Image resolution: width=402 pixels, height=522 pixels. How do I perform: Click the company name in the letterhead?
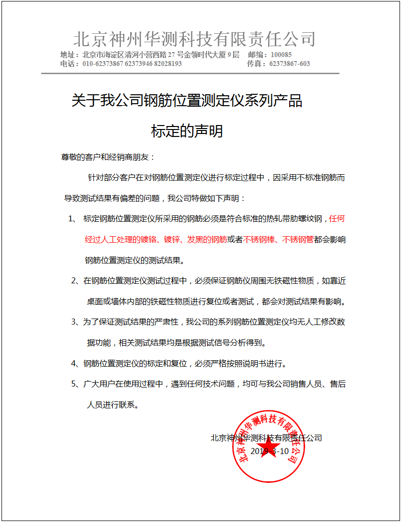pos(194,39)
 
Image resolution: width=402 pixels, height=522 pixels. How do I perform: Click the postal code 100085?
pos(281,55)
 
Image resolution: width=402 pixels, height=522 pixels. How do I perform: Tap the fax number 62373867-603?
pos(289,64)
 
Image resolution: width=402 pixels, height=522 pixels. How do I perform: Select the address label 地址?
pos(68,55)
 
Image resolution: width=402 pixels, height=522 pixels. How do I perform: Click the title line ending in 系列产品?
pos(187,101)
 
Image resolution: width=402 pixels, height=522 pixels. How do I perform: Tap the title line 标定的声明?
pos(187,131)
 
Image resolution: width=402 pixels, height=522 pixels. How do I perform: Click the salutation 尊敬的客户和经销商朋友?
pos(108,157)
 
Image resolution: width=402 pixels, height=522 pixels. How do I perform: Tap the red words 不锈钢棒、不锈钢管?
pos(278,240)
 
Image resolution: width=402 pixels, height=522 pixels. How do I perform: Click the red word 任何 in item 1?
pos(337,219)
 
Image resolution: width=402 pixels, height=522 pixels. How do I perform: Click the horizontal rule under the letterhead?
pos(190,73)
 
